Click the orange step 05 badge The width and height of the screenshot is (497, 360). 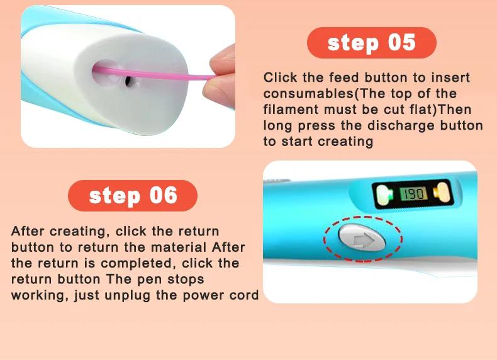tap(371, 43)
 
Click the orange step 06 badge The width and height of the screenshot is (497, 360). tap(132, 195)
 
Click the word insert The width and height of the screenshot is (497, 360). tap(452, 78)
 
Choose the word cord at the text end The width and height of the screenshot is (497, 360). tap(245, 295)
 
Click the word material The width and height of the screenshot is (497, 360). tap(181, 247)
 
